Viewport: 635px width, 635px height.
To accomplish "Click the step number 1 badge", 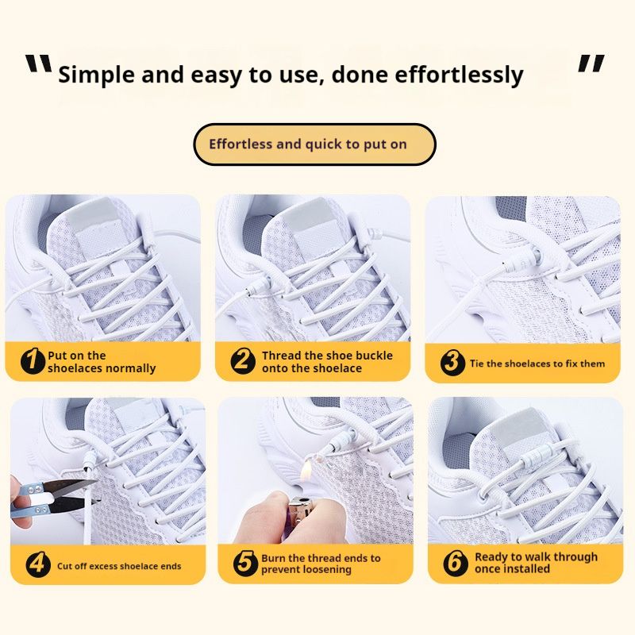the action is pos(33,361).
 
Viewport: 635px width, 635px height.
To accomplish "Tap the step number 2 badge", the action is pos(243,361).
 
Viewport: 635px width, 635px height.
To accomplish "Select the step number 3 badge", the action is pos(452,362).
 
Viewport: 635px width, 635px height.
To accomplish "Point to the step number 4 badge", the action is pos(38,564).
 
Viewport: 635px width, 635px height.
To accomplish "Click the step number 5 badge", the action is pos(245,563).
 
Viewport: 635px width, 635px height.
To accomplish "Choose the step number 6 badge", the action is pos(455,563).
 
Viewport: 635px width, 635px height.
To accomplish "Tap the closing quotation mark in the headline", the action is pos(591,63).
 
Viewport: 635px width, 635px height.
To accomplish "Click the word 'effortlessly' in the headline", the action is pos(459,75).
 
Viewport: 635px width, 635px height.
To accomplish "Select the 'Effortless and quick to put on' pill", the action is pos(314,144).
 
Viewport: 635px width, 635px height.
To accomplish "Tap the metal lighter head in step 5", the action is pos(301,510).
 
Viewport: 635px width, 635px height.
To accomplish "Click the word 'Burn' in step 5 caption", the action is pos(275,558).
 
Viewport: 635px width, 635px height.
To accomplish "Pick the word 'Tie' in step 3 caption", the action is pos(476,364).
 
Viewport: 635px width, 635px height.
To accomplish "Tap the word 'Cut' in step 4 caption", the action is pos(64,566).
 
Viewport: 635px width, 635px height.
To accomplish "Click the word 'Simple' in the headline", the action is pos(96,75).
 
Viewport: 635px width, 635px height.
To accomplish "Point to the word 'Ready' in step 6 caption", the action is pos(491,557).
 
